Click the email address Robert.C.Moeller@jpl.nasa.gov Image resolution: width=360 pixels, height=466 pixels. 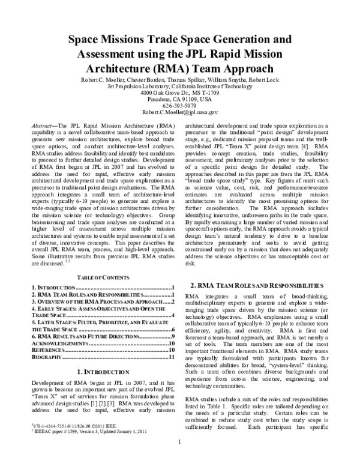click(x=180, y=112)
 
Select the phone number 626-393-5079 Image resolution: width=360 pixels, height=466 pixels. click(x=180, y=104)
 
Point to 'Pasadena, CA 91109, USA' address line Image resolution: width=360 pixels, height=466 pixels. click(x=180, y=99)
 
